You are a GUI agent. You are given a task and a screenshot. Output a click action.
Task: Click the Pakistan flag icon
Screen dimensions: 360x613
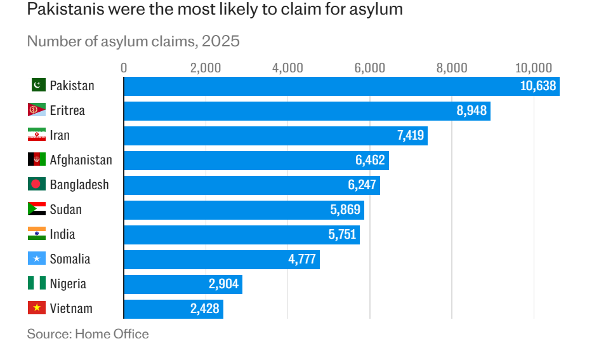pyautogui.click(x=37, y=85)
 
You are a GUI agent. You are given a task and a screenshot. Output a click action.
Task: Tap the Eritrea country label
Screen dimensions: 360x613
pyautogui.click(x=67, y=110)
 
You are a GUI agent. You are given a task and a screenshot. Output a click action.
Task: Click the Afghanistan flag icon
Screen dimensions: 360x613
pyautogui.click(x=36, y=160)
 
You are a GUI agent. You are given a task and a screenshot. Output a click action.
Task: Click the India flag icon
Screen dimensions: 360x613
pyautogui.click(x=36, y=234)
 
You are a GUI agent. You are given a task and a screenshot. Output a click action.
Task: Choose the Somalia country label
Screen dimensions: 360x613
pyautogui.click(x=70, y=259)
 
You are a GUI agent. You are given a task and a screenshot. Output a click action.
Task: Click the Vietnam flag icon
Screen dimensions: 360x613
pyautogui.click(x=36, y=309)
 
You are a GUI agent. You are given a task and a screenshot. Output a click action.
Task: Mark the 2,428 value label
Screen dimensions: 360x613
pyautogui.click(x=204, y=309)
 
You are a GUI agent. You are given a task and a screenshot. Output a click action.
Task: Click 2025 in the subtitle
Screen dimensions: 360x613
pyautogui.click(x=221, y=42)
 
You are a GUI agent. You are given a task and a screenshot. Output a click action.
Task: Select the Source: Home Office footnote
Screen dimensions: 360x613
pyautogui.click(x=88, y=334)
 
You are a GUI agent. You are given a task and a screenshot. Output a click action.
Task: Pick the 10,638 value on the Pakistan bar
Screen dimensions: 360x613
pyautogui.click(x=537, y=86)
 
